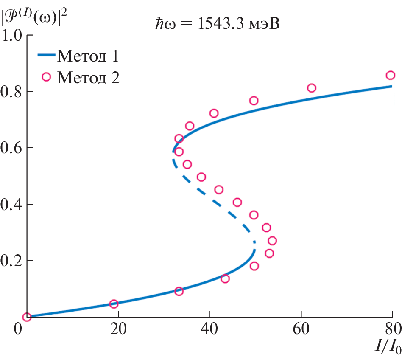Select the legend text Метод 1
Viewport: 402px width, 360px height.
[x=88, y=56]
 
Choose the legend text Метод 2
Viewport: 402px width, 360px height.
[x=88, y=77]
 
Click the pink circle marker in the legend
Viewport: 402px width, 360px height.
[x=46, y=77]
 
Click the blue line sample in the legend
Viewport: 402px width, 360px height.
[x=46, y=55]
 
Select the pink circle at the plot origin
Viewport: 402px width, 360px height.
[x=27, y=317]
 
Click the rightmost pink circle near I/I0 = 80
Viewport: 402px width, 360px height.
[x=390, y=75]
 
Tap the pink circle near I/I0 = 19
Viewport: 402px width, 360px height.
[x=114, y=304]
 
